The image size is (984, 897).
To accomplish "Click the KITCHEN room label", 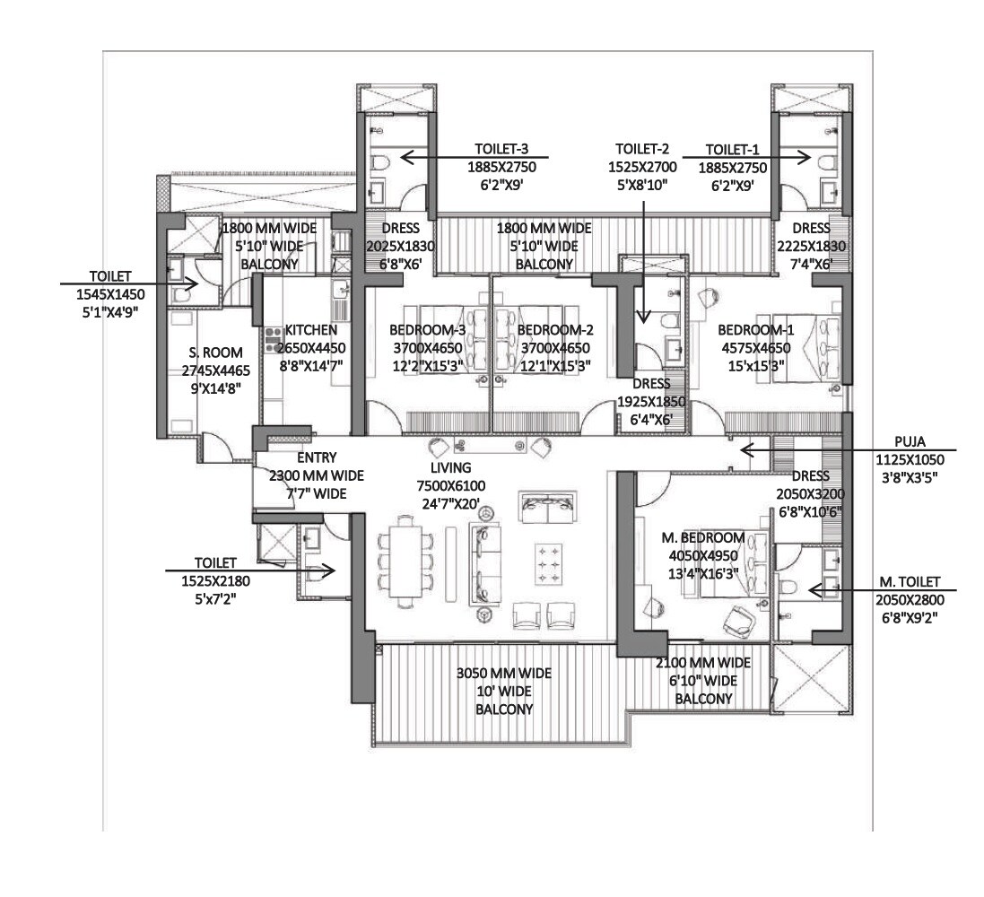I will click(x=310, y=330).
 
